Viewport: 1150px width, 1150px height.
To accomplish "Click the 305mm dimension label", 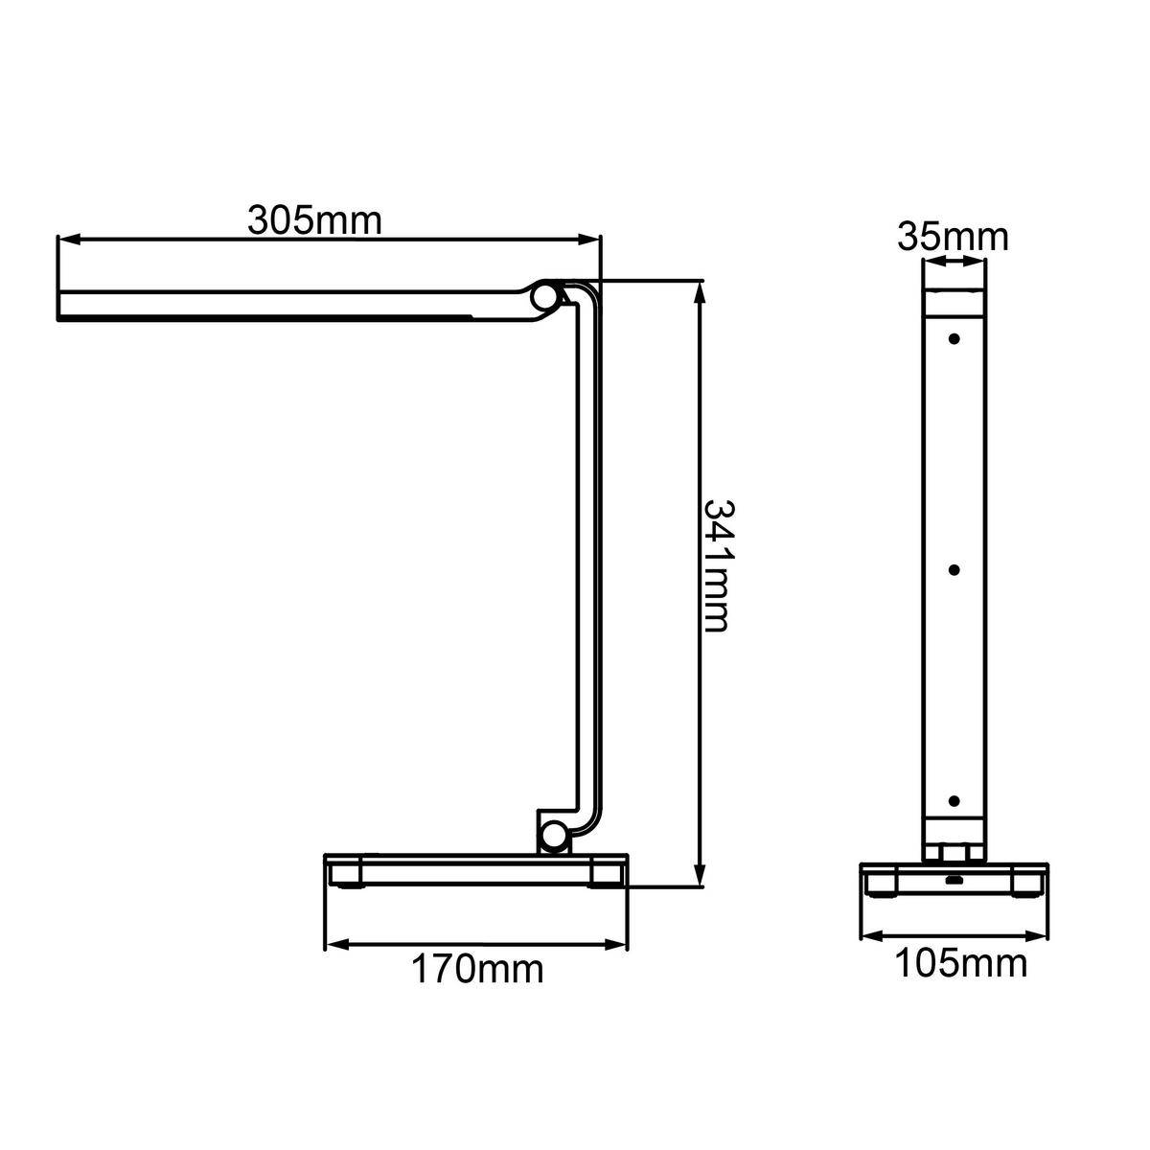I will [314, 220].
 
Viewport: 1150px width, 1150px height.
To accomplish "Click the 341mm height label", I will [717, 565].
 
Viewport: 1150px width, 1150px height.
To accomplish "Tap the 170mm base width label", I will [477, 970].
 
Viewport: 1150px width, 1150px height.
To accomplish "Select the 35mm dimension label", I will [953, 236].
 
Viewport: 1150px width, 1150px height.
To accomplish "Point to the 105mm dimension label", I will [960, 963].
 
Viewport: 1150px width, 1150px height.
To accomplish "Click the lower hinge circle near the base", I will [553, 836].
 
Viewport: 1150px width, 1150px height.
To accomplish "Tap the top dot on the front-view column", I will [954, 339].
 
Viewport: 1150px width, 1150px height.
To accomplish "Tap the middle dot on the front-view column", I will [954, 570].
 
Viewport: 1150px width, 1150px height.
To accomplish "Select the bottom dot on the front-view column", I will [954, 801].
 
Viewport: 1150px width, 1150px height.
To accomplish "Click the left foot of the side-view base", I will [346, 875].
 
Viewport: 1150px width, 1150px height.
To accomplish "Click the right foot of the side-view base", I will [606, 875].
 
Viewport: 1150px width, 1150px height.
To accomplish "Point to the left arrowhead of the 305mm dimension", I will [65, 239].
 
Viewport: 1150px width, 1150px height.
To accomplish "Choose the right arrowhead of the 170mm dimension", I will [622, 946].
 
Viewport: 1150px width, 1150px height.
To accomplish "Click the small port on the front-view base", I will [954, 880].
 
